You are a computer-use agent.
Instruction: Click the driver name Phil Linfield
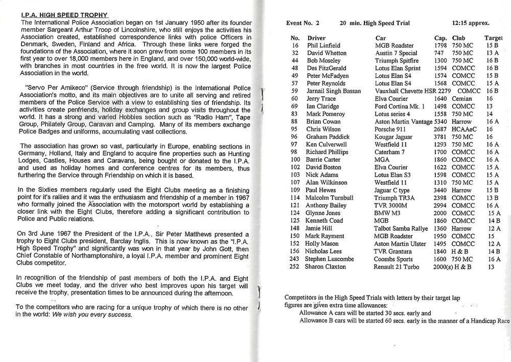(x=324, y=46)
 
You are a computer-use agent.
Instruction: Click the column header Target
(x=493, y=38)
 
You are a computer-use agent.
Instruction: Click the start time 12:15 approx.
(x=471, y=23)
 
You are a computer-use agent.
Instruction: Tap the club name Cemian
(x=463, y=99)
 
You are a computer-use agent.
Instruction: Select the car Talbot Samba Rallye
(x=401, y=228)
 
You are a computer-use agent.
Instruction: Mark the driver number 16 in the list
(x=295, y=46)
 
